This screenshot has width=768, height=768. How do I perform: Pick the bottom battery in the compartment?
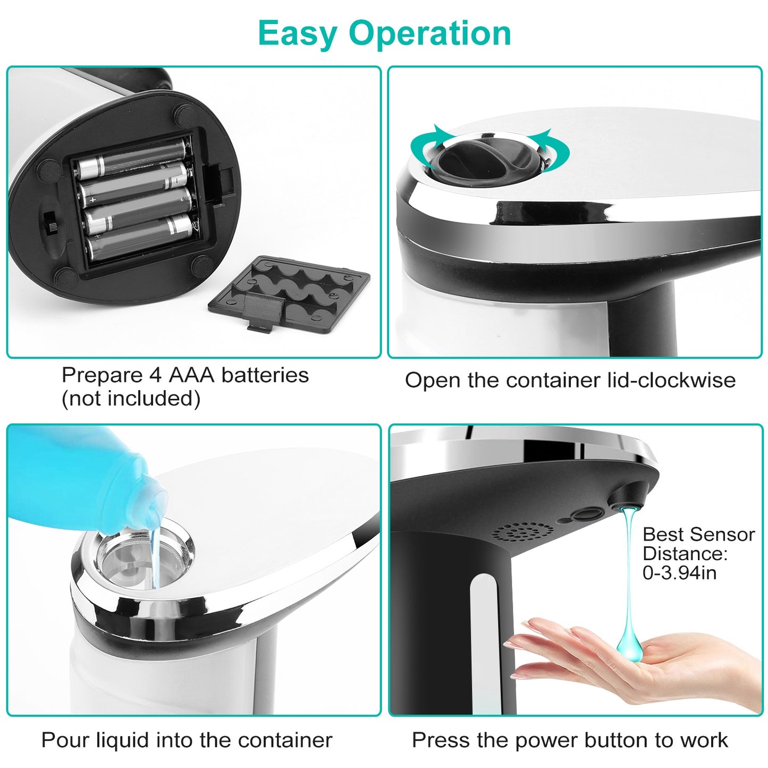[139, 238]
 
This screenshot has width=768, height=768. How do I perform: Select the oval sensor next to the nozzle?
[587, 514]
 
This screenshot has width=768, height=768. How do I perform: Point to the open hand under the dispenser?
[638, 664]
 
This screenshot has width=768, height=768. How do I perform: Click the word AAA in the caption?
[191, 375]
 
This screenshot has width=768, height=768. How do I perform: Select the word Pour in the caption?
[63, 740]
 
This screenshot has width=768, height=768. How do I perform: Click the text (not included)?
[131, 399]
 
